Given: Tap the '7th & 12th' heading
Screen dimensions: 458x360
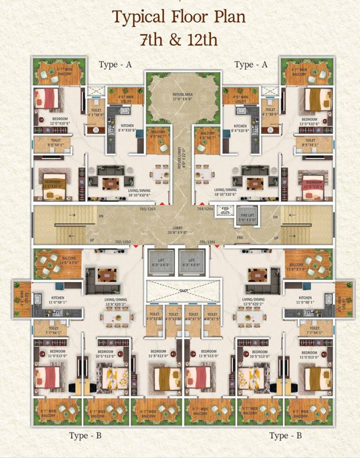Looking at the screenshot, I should (179, 41).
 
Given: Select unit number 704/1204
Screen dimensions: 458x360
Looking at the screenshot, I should (205, 209).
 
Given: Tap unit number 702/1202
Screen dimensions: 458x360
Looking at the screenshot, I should (123, 242).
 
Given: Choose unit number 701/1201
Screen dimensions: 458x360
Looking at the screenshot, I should (207, 242).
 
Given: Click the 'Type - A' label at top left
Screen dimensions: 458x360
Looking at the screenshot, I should (116, 64).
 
